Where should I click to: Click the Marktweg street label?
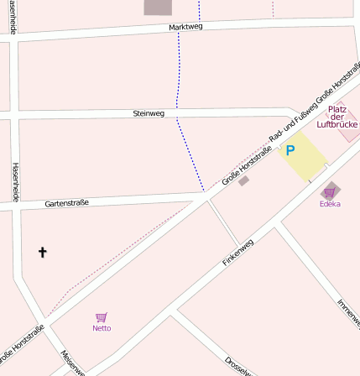pos(185,27)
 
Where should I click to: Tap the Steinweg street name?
pos(149,112)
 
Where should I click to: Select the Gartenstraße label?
pos(66,202)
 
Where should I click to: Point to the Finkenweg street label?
pos(237,252)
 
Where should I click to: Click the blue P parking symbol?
pos(290,151)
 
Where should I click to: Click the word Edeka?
pos(330,204)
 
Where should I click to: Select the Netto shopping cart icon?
pos(102,317)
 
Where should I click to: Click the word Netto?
pos(102,328)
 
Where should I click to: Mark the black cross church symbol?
pos(43,252)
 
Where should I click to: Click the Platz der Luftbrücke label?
pos(337,117)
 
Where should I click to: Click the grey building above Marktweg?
pos(158,7)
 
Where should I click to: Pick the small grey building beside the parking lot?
pos(243,180)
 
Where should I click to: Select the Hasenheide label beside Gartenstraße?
pos(14,182)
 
